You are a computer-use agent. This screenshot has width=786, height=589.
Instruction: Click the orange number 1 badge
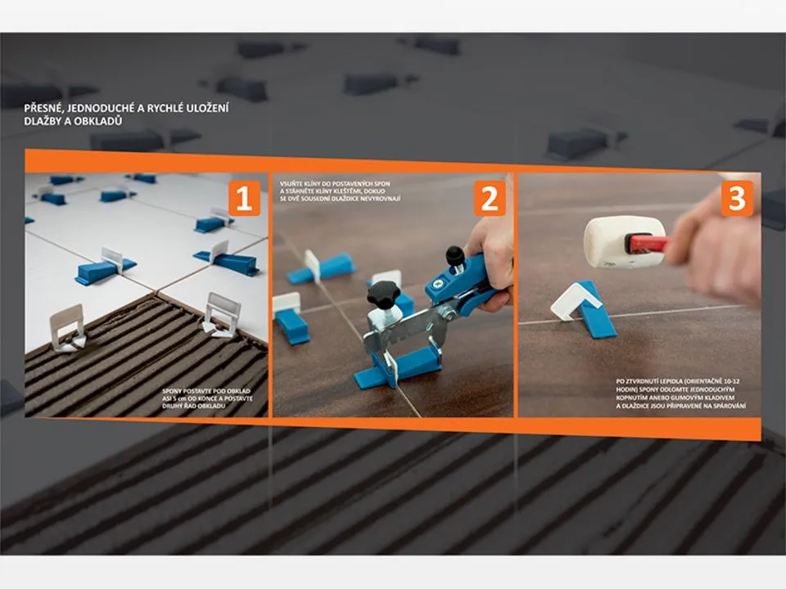244,198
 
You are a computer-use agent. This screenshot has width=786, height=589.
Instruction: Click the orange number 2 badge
490,198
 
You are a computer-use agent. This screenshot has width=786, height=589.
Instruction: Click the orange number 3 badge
737,198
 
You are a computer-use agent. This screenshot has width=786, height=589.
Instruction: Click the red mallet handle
649,244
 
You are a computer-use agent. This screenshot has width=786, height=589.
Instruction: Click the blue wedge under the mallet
597,311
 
